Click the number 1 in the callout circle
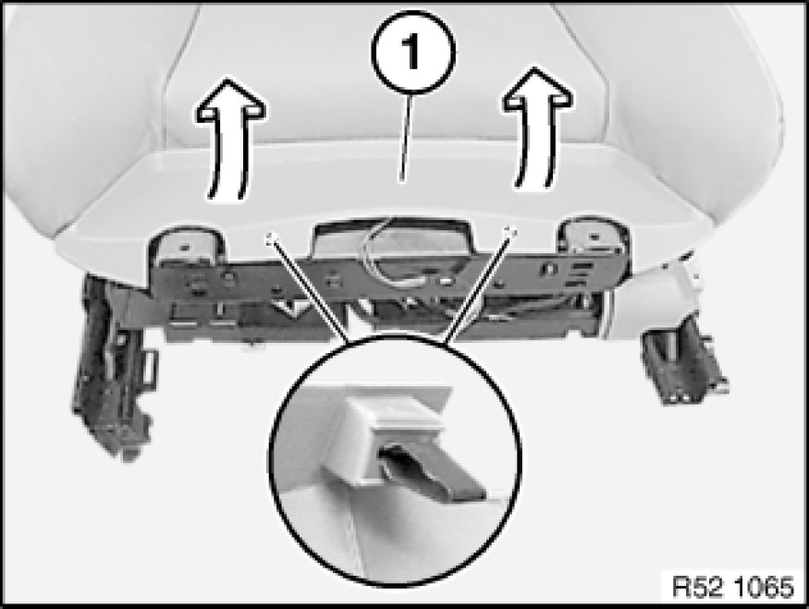(411, 51)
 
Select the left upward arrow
(230, 139)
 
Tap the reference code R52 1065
(732, 586)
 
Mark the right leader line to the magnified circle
(477, 285)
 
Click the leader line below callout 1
(406, 139)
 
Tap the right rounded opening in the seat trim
(594, 238)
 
